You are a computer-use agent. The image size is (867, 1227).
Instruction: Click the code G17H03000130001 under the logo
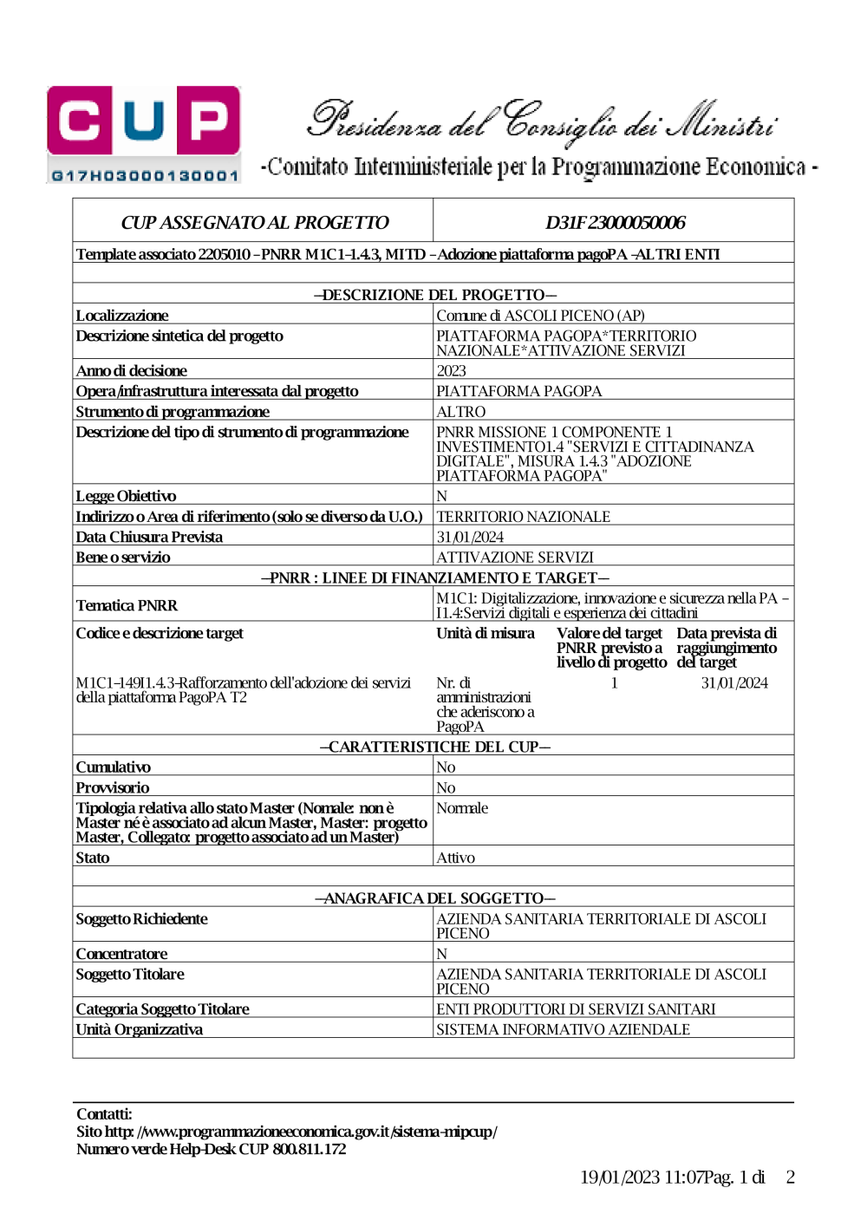pos(144,176)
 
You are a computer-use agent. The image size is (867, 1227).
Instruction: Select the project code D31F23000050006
pos(615,223)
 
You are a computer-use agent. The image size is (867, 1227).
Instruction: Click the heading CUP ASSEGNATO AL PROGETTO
pos(254,223)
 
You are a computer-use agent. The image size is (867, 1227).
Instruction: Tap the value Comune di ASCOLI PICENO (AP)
pos(540,316)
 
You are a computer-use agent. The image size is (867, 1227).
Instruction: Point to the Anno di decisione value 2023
pos(451,370)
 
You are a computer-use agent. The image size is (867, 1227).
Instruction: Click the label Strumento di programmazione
pos(173,412)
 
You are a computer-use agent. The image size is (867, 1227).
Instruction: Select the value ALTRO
pos(460,412)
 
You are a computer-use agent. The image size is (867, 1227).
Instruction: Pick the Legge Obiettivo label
pos(126,496)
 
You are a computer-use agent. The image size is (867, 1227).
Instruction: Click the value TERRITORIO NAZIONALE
pos(523,517)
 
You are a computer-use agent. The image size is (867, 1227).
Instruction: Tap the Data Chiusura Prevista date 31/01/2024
pos(470,537)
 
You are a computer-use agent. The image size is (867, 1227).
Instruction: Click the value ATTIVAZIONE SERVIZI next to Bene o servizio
pos(515,558)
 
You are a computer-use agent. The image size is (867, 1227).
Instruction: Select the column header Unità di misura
pos(486,633)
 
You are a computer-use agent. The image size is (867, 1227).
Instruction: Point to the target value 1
pos(614,683)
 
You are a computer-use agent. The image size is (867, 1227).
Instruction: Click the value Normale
pos(462,808)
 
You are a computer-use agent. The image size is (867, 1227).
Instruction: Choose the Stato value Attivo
pos(455,858)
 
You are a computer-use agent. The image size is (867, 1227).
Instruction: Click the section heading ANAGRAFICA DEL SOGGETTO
pos(434,898)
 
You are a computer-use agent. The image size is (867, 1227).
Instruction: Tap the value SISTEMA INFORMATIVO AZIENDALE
pos(563,1029)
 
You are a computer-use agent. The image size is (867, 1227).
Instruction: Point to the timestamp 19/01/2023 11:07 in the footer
pos(641,1177)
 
